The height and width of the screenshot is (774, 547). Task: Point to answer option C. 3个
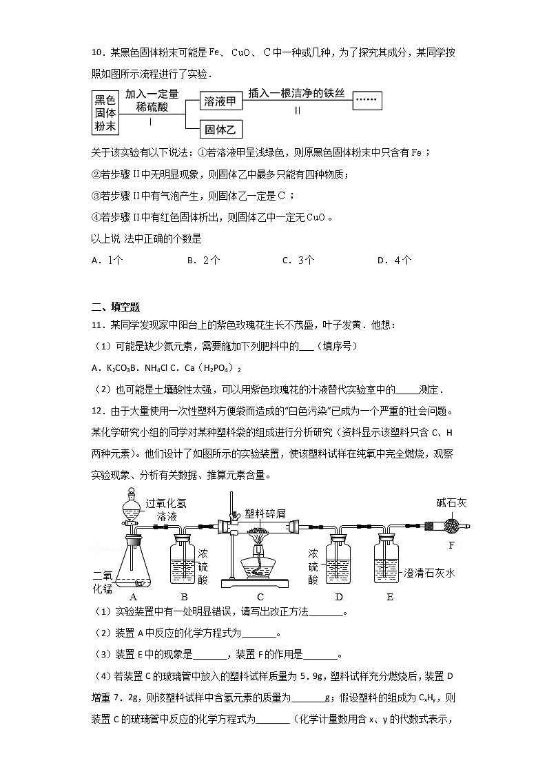(x=298, y=261)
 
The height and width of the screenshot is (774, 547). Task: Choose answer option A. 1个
(x=107, y=261)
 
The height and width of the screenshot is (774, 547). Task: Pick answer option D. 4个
(x=395, y=261)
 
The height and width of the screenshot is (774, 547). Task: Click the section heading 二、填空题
(x=116, y=307)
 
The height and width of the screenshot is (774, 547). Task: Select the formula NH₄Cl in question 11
(x=155, y=366)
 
